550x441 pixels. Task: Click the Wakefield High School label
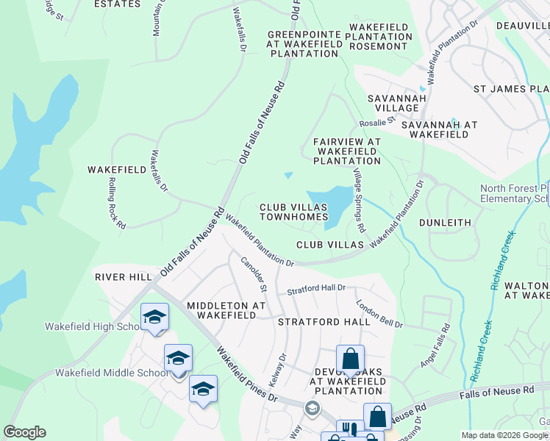[x=92, y=327]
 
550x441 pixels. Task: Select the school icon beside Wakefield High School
[x=155, y=318]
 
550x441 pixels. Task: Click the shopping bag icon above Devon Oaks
[x=351, y=359]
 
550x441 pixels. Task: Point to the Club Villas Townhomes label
[x=293, y=212]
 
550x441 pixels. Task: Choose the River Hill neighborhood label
[x=123, y=277]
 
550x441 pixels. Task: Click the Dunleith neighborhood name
[x=444, y=221]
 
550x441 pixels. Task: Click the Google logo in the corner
[x=24, y=432]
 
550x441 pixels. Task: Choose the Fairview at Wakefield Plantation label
[x=346, y=151]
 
